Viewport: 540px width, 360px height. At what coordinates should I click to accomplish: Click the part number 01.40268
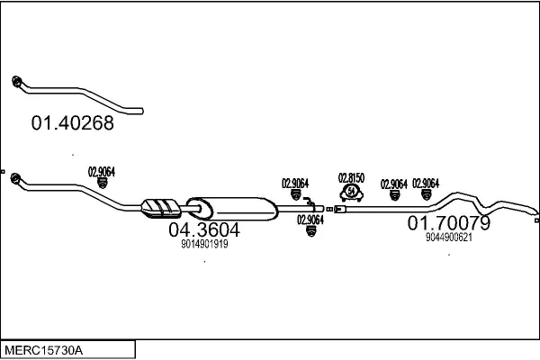pyautogui.click(x=73, y=123)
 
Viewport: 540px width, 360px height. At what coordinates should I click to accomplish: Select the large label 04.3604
pyautogui.click(x=204, y=229)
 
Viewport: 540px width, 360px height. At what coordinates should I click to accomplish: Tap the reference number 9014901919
pyautogui.click(x=204, y=244)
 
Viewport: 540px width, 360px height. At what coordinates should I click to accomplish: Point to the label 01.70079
pyautogui.click(x=448, y=222)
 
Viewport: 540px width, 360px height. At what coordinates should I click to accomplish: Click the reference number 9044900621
pyautogui.click(x=448, y=237)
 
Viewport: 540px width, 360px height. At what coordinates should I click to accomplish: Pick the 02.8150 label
pyautogui.click(x=350, y=177)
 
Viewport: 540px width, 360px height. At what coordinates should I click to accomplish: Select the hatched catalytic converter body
pyautogui.click(x=161, y=208)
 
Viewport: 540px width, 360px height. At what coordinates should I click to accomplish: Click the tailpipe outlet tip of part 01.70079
pyautogui.click(x=535, y=218)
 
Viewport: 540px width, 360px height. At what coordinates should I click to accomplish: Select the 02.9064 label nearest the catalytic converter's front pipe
pyautogui.click(x=101, y=171)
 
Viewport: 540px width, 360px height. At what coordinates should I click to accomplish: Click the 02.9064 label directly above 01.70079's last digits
pyautogui.click(x=425, y=184)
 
